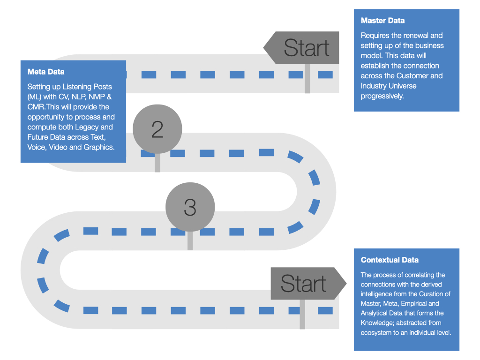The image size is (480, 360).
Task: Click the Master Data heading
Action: tap(382, 21)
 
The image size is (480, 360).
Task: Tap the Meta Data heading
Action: tap(46, 72)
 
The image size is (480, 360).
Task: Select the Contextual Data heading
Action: tap(390, 260)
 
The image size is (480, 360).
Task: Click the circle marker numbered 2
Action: tap(157, 129)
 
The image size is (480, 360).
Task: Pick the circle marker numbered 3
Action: tap(190, 207)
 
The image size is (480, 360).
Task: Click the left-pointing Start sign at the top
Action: tap(301, 47)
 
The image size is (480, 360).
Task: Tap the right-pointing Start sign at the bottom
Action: tap(308, 284)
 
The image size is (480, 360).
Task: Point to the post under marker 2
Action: tap(157, 163)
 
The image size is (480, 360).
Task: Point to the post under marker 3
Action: tap(190, 241)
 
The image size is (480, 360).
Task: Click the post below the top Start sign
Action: tap(307, 79)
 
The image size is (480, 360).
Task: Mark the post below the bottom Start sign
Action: tap(302, 315)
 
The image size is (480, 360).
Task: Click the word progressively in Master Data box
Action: tap(382, 96)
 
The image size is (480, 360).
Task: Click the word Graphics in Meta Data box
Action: tap(99, 147)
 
